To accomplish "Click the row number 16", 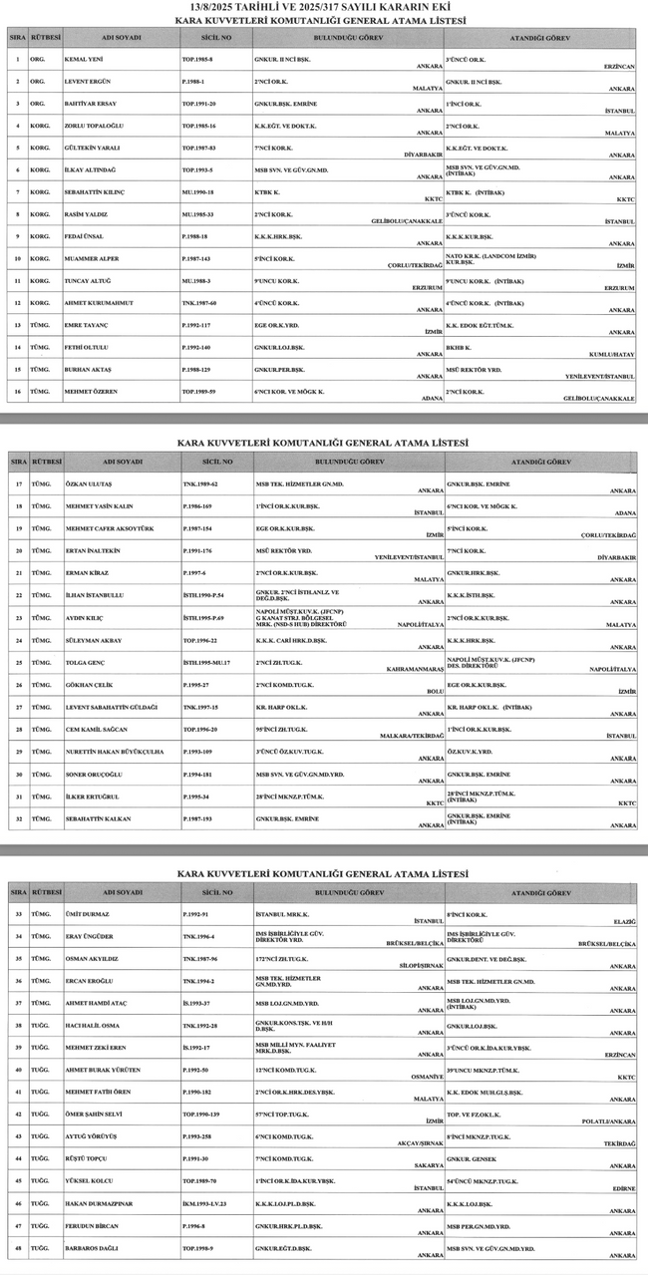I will pos(18,392).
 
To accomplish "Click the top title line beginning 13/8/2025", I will pos(324,8).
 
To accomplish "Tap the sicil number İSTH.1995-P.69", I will pos(203,618).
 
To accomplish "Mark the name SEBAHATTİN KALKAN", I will pos(98,818).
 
